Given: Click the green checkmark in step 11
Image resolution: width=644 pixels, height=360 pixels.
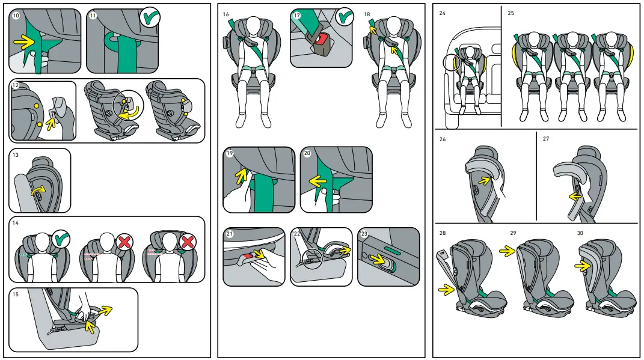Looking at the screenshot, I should pyautogui.click(x=150, y=19).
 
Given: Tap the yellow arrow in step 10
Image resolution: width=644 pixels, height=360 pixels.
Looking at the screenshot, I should pyautogui.click(x=25, y=42).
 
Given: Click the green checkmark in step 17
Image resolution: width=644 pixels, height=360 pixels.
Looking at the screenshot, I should pyautogui.click(x=345, y=17).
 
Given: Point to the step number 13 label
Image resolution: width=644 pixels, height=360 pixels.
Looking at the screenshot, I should pyautogui.click(x=16, y=154).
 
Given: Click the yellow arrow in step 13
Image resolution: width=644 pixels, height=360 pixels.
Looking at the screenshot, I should pyautogui.click(x=38, y=191).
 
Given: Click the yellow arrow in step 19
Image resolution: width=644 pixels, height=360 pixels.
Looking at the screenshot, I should pyautogui.click(x=241, y=175).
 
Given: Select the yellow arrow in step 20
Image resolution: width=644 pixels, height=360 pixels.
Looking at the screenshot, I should pyautogui.click(x=317, y=179).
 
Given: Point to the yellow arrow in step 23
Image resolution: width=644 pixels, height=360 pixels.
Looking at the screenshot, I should pyautogui.click(x=379, y=260).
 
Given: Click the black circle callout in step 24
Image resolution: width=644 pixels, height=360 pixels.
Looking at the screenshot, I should pyautogui.click(x=452, y=62).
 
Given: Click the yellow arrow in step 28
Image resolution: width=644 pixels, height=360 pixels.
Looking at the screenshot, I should pyautogui.click(x=446, y=290).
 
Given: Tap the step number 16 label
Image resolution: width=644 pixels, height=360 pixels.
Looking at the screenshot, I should pyautogui.click(x=226, y=14).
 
